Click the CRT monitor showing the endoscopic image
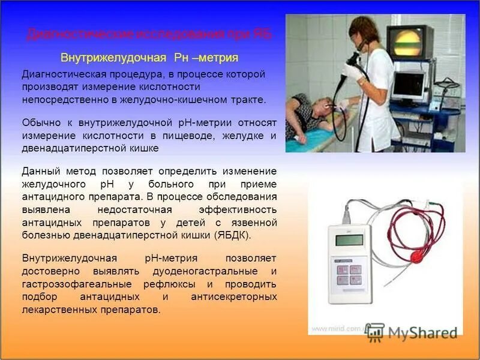pyautogui.click(x=409, y=43)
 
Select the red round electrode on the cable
pyautogui.click(x=415, y=257)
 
